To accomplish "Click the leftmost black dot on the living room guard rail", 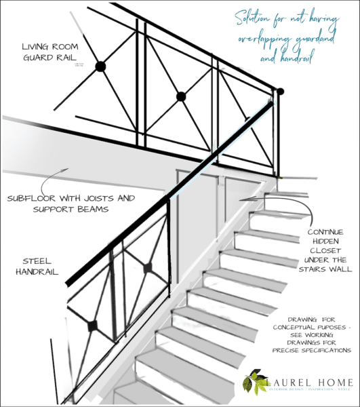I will coord(100,66).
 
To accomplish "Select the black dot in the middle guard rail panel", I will coord(181,96).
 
